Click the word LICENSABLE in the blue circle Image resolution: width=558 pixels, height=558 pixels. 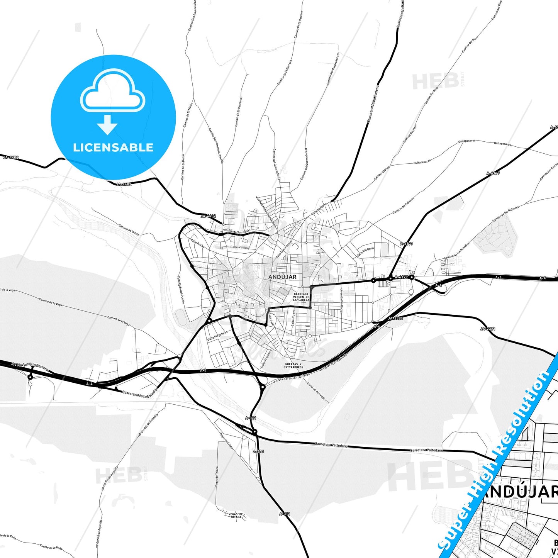113,148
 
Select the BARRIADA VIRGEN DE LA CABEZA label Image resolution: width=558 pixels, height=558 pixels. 301,297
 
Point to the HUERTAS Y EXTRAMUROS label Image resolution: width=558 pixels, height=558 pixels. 293,366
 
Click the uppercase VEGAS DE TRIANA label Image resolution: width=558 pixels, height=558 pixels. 236,516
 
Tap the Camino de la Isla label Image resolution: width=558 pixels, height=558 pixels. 129,229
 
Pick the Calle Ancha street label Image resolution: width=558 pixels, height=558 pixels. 197,243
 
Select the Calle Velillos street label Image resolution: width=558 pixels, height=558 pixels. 240,248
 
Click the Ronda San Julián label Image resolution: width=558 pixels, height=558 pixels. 239,231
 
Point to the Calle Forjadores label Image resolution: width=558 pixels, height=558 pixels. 217,335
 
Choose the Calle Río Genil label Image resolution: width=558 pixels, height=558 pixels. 365,252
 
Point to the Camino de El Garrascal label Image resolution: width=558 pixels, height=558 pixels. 238,112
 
